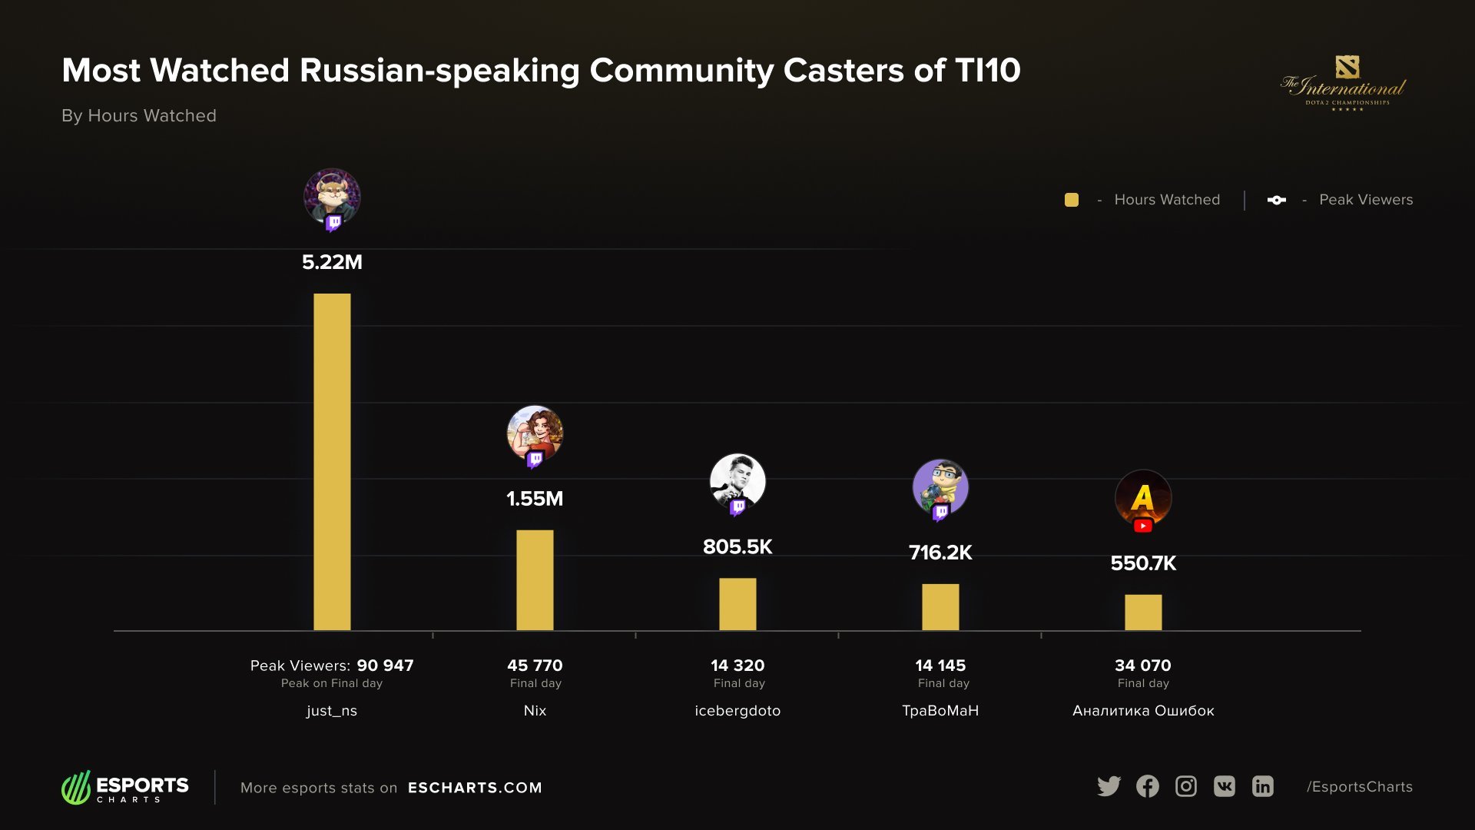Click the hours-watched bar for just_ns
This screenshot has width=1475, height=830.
(x=332, y=461)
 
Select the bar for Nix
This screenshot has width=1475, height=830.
(x=535, y=580)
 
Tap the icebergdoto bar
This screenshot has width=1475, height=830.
(x=737, y=604)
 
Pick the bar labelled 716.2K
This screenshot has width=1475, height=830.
(x=940, y=607)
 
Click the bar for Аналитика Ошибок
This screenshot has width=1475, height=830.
(x=1143, y=613)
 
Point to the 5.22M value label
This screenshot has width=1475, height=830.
(x=332, y=262)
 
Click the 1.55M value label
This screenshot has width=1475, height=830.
(x=535, y=499)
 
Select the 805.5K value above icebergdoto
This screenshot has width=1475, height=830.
(x=737, y=546)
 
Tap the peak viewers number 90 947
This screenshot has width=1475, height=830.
(x=385, y=666)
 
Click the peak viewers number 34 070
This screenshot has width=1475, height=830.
(x=1143, y=666)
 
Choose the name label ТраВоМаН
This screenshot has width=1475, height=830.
(x=940, y=711)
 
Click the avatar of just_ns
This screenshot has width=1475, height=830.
(x=332, y=197)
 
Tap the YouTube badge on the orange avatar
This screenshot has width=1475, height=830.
(x=1143, y=526)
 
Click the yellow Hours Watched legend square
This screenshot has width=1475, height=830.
(x=1072, y=200)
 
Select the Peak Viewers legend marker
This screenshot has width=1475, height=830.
(x=1277, y=200)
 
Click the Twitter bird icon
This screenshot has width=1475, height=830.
(x=1109, y=786)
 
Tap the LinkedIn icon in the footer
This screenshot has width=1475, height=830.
(x=1263, y=786)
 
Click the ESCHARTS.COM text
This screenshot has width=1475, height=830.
(x=475, y=788)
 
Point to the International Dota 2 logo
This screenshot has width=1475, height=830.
(x=1344, y=83)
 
